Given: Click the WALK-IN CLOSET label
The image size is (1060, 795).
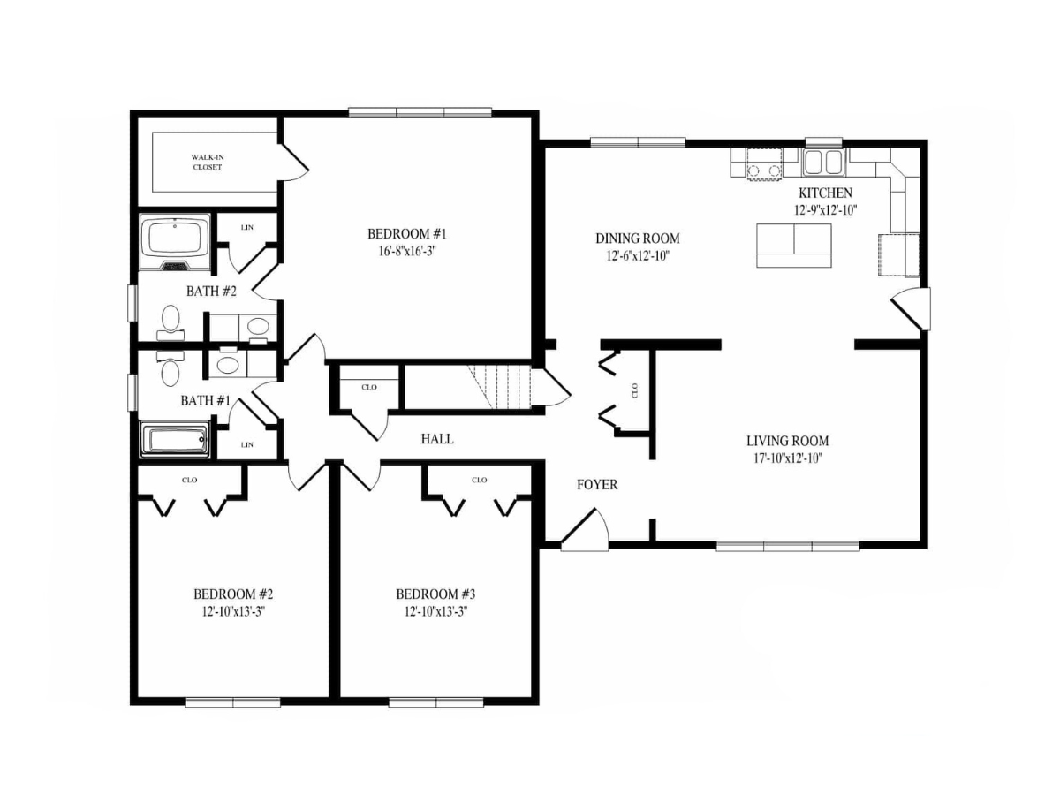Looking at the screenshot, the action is [208, 163].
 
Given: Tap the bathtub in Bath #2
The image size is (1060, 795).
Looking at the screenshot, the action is [175, 242].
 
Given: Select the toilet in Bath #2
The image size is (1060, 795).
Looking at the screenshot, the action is [170, 322].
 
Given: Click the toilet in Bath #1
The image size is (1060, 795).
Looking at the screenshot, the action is [170, 368].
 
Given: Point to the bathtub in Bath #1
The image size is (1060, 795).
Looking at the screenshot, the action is [175, 439].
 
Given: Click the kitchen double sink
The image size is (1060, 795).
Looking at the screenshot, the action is [824, 163].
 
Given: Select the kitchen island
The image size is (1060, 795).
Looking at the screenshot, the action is [793, 246].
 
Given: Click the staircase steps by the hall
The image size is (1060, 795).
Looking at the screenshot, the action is [499, 387].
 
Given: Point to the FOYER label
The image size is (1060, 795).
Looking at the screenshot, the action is [597, 485].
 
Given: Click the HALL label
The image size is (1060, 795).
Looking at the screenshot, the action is [437, 439].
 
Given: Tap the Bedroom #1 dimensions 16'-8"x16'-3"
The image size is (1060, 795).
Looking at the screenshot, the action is [407, 252].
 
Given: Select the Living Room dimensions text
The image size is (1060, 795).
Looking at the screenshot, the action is [788, 458].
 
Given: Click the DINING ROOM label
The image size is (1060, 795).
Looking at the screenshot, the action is [638, 238].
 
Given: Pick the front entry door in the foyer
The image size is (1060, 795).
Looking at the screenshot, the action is [585, 529].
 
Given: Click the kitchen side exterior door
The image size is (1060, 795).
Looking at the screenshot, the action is [911, 309].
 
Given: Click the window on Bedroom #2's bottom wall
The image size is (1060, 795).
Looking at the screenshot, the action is [233, 703].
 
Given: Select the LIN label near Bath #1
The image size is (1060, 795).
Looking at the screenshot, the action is [246, 444].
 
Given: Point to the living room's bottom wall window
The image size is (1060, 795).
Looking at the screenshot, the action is [787, 547].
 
